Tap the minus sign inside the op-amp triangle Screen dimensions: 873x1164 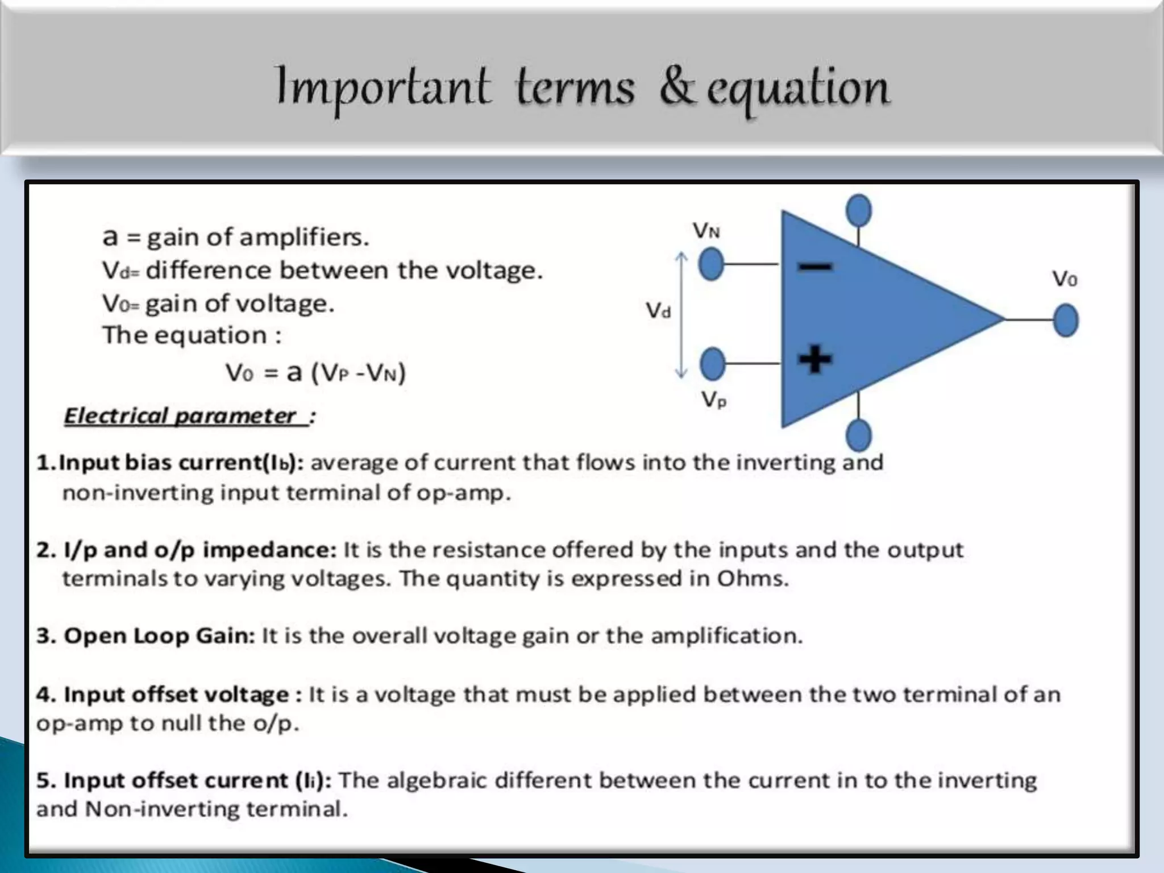click(815, 266)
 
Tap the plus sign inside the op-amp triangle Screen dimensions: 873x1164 click(815, 360)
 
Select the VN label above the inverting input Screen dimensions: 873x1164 click(706, 231)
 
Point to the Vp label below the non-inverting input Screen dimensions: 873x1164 click(714, 400)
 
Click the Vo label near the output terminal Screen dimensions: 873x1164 click(1064, 278)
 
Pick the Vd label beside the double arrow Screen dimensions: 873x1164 click(658, 310)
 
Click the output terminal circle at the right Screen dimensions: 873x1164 click(1065, 321)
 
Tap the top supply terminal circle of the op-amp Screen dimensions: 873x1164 click(858, 210)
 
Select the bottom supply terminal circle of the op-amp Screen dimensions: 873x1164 click(858, 435)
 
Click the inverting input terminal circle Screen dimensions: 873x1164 click(711, 265)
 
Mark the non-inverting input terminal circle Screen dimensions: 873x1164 click(712, 364)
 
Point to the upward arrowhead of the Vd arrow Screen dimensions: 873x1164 click(681, 257)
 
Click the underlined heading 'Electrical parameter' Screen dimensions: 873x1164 click(181, 416)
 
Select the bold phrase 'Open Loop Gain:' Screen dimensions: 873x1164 click(159, 635)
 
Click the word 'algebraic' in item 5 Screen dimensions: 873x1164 click(436, 780)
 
